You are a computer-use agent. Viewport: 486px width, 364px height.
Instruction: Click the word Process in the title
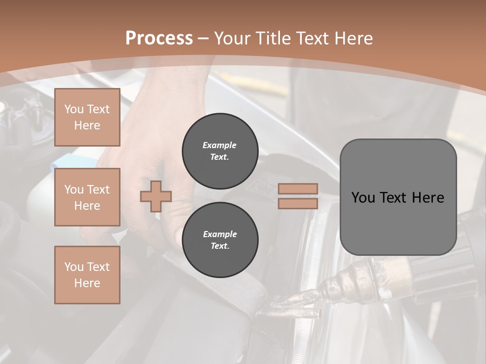[x=159, y=38]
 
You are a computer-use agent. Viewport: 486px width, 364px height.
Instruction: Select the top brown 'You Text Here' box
[x=87, y=117]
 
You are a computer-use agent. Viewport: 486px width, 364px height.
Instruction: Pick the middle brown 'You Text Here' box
[x=87, y=197]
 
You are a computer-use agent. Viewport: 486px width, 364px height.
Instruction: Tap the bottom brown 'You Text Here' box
[x=87, y=275]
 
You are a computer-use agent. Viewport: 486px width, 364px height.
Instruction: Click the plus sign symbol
[x=156, y=196]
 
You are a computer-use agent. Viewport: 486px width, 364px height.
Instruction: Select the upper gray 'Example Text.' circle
[x=220, y=151]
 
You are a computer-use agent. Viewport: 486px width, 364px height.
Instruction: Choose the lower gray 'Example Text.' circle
[x=220, y=240]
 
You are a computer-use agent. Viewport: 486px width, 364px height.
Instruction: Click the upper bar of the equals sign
[x=298, y=189]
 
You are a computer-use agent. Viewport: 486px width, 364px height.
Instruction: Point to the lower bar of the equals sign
[x=298, y=203]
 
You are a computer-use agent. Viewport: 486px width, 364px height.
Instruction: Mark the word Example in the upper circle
[x=220, y=145]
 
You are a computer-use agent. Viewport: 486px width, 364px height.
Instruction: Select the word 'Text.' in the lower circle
[x=220, y=246]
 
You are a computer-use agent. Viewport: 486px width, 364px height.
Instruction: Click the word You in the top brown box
[x=73, y=109]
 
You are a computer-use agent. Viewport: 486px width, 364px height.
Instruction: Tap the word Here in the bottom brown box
[x=87, y=283]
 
